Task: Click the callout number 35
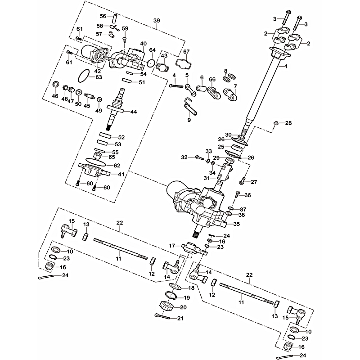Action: (237, 224)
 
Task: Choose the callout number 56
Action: (103, 16)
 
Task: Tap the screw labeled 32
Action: (198, 157)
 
